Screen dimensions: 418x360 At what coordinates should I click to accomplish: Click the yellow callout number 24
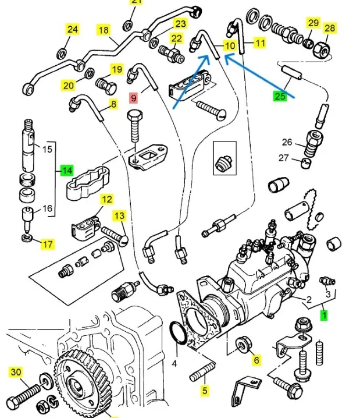72,30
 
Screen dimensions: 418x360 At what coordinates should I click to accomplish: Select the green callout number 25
280,96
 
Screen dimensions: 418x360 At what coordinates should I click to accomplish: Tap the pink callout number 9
133,98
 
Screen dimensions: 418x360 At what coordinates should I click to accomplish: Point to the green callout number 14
67,171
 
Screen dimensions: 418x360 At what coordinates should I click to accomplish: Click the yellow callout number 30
16,371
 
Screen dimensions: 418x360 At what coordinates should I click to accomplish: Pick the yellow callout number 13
119,216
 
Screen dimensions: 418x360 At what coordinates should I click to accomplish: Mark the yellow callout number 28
330,28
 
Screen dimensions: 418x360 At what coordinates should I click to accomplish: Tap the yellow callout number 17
47,245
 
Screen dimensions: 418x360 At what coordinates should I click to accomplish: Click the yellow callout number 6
255,360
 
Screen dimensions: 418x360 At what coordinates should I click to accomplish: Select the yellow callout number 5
205,391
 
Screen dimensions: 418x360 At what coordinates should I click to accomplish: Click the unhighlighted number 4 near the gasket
174,365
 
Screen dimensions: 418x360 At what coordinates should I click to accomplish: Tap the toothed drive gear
78,385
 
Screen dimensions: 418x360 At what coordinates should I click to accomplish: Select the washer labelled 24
60,54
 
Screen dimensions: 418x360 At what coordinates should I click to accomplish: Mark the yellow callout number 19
117,70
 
